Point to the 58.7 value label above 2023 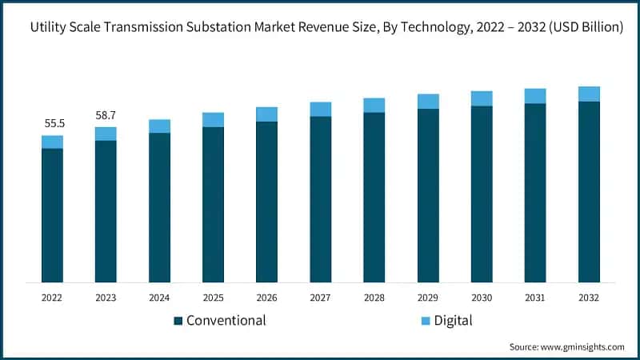(106, 116)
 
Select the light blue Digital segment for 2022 (52, 142)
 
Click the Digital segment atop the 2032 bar (589, 94)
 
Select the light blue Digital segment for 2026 (266, 114)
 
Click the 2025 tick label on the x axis (213, 297)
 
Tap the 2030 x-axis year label (482, 297)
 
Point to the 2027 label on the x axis (320, 297)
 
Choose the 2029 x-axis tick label (428, 297)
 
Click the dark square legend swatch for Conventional (178, 321)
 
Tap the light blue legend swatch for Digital (426, 321)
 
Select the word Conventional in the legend (226, 321)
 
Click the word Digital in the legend (453, 321)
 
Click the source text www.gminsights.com (583, 346)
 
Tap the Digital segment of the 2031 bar (535, 96)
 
